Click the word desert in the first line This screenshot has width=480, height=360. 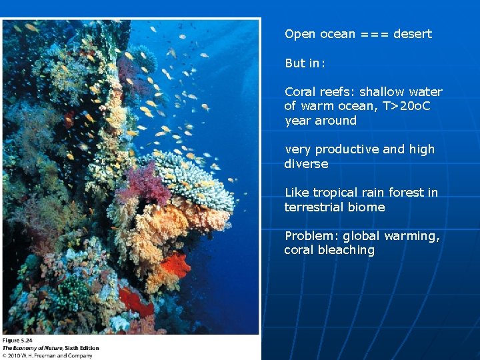(x=413, y=34)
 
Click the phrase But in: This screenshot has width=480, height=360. (x=305, y=63)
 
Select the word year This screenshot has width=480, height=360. (x=297, y=121)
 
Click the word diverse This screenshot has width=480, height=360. (x=306, y=164)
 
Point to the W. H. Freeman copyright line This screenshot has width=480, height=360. (x=47, y=355)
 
